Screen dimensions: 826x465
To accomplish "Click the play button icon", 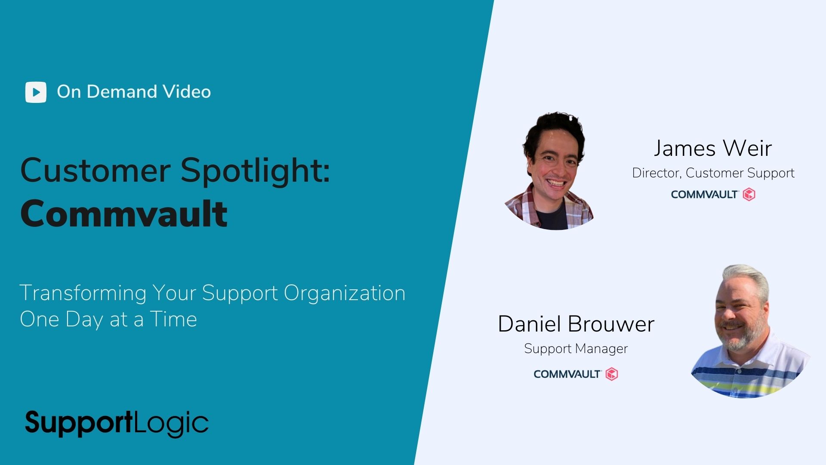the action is [x=36, y=92].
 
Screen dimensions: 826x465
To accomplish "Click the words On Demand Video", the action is [x=134, y=92].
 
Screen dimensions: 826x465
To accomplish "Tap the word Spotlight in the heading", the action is [x=255, y=171].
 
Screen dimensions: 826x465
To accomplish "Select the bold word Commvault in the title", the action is [x=124, y=214].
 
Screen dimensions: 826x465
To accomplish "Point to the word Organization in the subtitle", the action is [x=345, y=294].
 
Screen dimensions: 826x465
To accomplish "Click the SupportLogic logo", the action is [x=117, y=423].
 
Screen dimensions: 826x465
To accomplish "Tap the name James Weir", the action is [x=713, y=148].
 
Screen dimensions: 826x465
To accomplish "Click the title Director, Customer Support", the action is [x=713, y=173].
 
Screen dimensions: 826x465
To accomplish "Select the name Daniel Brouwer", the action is [x=576, y=324].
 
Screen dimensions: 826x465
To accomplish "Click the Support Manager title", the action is [x=576, y=348].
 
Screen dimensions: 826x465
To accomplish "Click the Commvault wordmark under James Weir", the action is [x=705, y=195].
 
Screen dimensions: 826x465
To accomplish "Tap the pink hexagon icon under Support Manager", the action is [x=612, y=374].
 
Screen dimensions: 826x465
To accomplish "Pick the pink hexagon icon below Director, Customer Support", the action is [x=749, y=195].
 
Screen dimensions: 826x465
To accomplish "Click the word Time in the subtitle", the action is [x=173, y=319].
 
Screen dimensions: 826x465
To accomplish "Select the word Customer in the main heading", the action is [x=96, y=171].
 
